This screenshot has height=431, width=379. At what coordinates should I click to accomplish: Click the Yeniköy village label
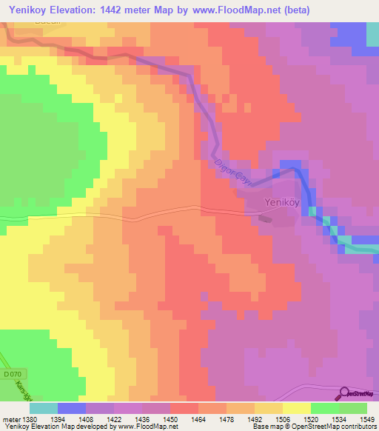[282, 202]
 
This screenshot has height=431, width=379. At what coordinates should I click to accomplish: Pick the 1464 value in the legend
[198, 418]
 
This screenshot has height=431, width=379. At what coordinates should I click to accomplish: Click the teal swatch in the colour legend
[44, 408]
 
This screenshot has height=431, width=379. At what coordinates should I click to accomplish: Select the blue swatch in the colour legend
[72, 408]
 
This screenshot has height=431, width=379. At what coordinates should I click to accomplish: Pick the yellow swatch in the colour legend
[297, 408]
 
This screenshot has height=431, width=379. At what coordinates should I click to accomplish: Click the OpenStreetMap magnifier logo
[343, 393]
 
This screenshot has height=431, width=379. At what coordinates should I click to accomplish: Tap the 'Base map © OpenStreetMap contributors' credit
[315, 427]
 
